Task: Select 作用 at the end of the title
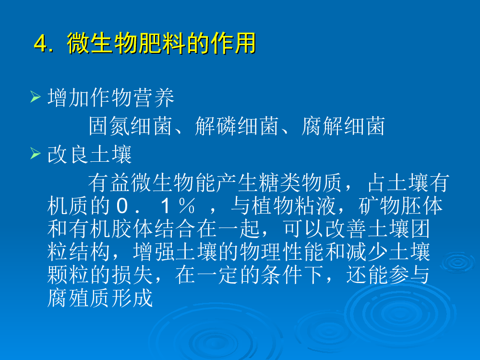(x=234, y=43)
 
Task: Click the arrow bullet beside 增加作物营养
(x=36, y=97)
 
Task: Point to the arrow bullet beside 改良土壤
(x=36, y=154)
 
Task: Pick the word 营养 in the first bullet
(x=154, y=97)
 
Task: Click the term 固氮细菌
(x=130, y=126)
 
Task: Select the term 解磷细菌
(x=237, y=126)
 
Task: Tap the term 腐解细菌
(x=343, y=126)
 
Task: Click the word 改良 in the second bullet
(x=68, y=155)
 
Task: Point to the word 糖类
(x=279, y=183)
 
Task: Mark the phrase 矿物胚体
(x=401, y=206)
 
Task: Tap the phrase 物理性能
(x=281, y=252)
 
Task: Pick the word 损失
(x=132, y=275)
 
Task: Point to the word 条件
(x=282, y=275)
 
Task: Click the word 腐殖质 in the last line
(x=79, y=298)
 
